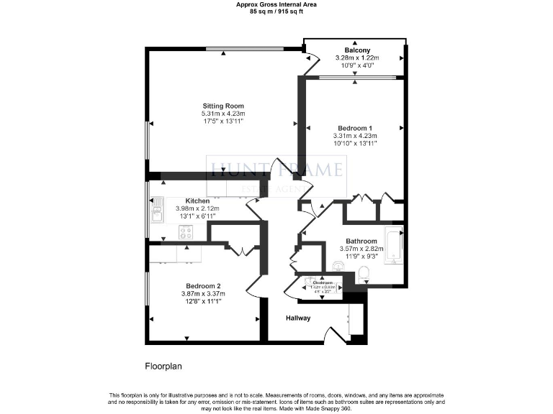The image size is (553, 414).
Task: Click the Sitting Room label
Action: coord(222,105)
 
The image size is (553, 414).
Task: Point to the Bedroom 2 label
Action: coord(203,285)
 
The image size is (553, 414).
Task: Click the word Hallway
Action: coord(298,318)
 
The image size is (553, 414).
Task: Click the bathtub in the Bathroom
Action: coord(393,247)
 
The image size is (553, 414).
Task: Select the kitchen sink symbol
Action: coord(156,211)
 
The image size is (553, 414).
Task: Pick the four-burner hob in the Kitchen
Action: coord(185,232)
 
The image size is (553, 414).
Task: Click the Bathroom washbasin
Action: coord(338,266)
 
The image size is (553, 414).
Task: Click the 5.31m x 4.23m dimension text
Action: coord(222,114)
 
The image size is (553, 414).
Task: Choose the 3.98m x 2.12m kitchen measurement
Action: coord(197,208)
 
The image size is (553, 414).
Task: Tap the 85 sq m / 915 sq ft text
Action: coord(276,12)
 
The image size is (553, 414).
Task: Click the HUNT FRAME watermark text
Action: coord(276,170)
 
